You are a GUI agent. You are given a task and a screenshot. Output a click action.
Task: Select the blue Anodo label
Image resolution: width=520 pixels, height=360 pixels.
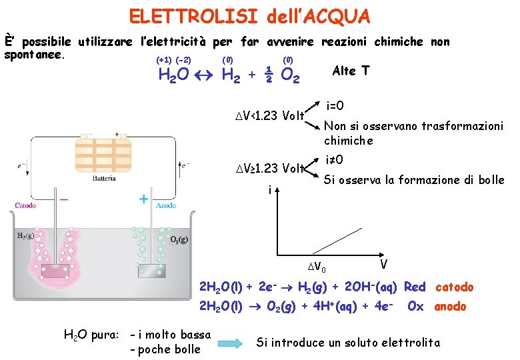(x=166, y=206)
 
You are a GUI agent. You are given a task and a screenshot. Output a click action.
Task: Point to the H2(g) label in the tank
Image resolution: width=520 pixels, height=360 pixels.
(x=27, y=235)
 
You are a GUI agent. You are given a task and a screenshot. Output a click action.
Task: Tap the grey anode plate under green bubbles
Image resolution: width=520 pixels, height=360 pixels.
(x=151, y=271)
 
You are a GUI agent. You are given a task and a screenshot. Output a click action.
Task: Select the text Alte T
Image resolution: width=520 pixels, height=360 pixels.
(x=351, y=71)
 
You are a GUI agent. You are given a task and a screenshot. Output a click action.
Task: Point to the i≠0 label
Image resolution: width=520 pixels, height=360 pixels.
(x=335, y=160)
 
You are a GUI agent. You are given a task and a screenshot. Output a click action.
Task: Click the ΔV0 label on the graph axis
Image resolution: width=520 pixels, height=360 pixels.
(x=321, y=269)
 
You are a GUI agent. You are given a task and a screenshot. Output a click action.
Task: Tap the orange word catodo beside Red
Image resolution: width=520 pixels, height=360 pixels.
(x=454, y=287)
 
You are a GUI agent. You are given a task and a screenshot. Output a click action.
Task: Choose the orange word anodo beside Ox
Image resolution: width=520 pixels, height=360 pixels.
(x=450, y=307)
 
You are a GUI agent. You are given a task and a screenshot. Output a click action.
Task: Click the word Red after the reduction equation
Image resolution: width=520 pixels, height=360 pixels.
(x=414, y=287)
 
